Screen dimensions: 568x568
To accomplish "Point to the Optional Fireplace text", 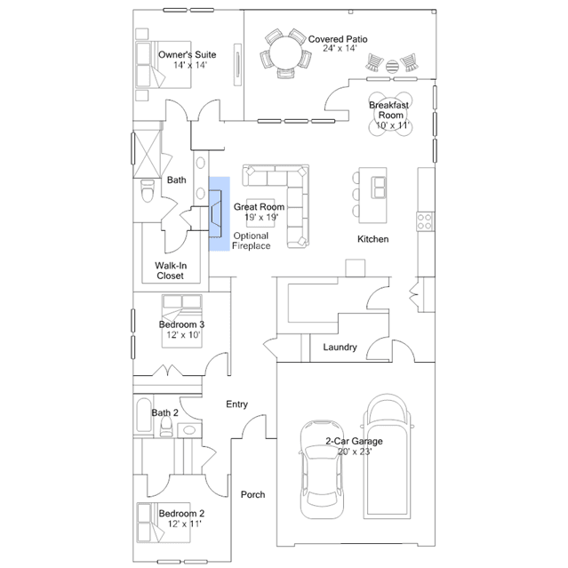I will (252, 241).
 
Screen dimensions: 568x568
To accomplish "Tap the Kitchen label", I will (372, 239).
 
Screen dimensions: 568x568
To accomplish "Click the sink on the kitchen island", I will (380, 187).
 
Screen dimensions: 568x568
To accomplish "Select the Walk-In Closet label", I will (170, 270).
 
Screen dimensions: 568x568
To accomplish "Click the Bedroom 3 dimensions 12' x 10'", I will (181, 335).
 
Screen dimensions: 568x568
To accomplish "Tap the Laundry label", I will (340, 348).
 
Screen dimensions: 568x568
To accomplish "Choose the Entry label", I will (236, 404).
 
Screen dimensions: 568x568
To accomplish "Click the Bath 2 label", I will (164, 412).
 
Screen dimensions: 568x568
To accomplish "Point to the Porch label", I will (253, 495).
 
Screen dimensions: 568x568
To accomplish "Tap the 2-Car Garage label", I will (354, 441).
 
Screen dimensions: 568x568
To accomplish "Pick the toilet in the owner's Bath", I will (148, 191).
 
